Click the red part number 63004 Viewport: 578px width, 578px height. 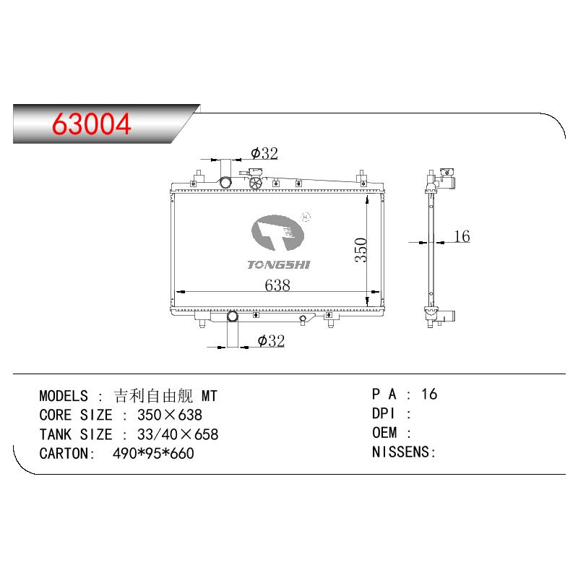coord(92,124)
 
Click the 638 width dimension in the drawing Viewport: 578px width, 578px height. coord(277,285)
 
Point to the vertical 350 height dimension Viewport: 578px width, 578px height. coord(361,250)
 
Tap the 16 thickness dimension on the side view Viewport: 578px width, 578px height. coord(462,236)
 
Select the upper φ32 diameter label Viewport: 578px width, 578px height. coord(264,153)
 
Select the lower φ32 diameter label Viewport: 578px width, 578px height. coord(272,340)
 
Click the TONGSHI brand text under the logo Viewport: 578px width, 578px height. coord(279,264)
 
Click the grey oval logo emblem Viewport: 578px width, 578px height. coord(278,233)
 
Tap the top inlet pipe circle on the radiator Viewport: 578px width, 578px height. coord(225,182)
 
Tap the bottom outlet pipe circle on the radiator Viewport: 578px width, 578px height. coord(232,316)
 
